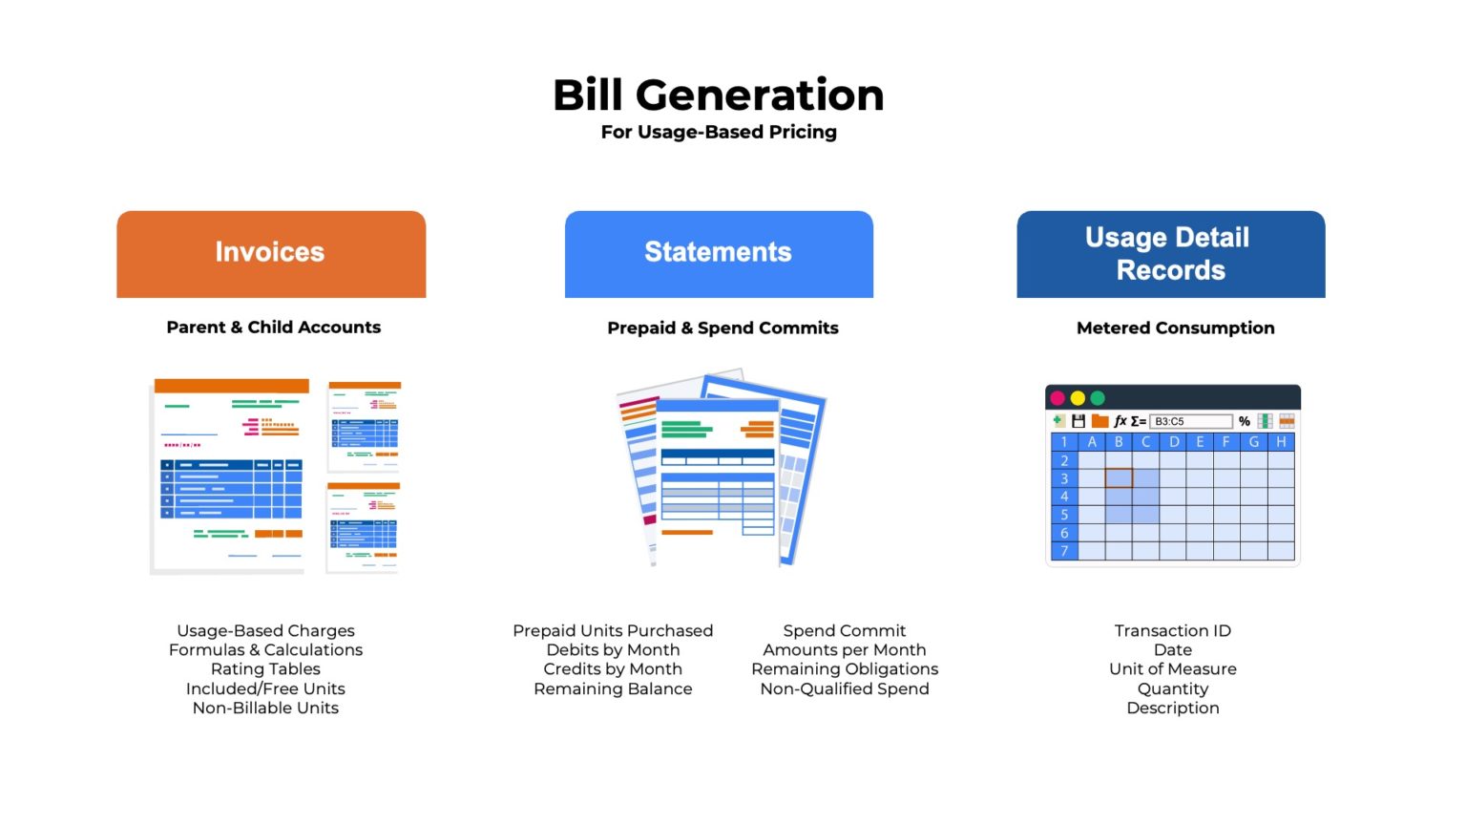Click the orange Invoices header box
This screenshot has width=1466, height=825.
(271, 253)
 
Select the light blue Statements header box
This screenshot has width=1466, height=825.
(719, 253)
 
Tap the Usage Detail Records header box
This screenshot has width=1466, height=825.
(1170, 253)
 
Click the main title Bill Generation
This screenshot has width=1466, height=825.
(719, 95)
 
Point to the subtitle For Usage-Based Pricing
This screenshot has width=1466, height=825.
(719, 132)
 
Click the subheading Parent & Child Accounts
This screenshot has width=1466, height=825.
(273, 328)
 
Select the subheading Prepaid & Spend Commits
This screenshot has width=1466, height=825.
(723, 328)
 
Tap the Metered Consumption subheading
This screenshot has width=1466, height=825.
(1175, 328)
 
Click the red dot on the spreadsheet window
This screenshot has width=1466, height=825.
(1058, 398)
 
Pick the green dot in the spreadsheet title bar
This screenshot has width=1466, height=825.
(1098, 398)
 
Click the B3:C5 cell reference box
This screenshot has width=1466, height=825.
(1189, 421)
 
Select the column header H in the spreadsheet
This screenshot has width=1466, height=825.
(1281, 442)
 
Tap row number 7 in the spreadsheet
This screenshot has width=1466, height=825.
(1064, 551)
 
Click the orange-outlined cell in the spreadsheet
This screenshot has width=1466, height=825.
(1119, 478)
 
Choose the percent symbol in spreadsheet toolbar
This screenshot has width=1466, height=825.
(1245, 421)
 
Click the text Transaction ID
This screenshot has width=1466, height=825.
(1172, 631)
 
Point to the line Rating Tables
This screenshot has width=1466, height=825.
(265, 669)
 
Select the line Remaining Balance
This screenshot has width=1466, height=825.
(613, 689)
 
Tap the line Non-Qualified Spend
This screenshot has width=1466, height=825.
(844, 689)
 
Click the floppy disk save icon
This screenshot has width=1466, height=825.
(1079, 421)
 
